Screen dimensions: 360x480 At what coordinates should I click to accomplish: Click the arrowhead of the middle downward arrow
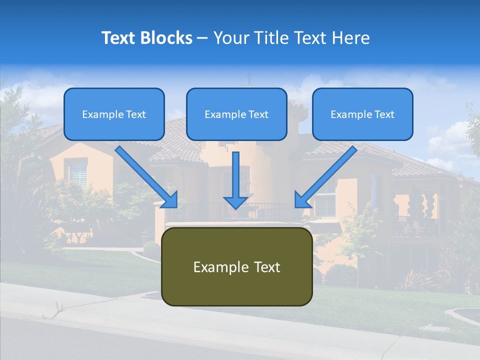pos(235,202)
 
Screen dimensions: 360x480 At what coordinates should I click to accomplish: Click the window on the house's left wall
pos(78,174)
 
